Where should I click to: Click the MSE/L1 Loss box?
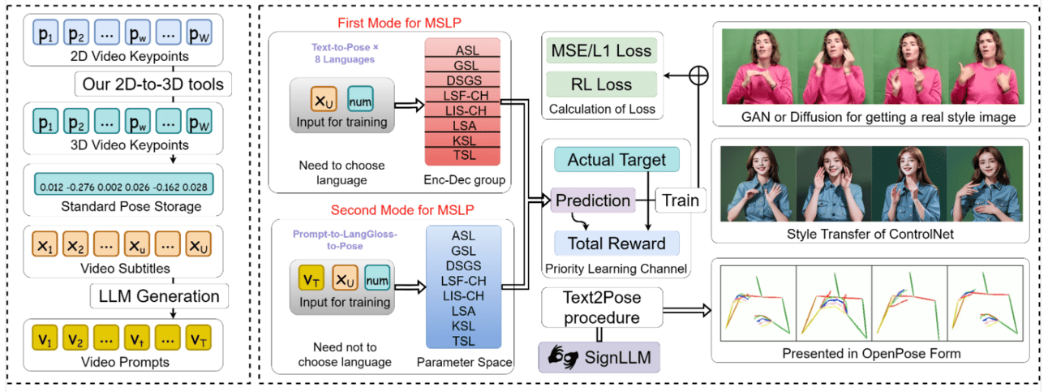(x=601, y=51)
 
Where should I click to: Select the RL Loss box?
(x=601, y=84)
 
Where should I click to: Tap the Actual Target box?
(x=616, y=160)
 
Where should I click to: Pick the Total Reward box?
(x=616, y=243)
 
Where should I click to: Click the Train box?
(x=680, y=200)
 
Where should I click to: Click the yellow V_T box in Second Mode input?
(x=309, y=280)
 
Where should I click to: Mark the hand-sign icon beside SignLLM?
(x=559, y=356)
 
